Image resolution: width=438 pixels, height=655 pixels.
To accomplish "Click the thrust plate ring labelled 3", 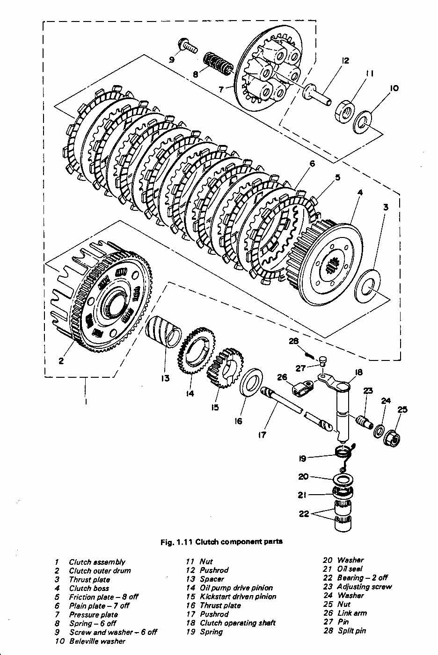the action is (x=367, y=286).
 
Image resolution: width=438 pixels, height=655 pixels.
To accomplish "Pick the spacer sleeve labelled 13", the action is (x=163, y=331).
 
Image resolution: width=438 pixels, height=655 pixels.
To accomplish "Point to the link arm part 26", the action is (x=303, y=388).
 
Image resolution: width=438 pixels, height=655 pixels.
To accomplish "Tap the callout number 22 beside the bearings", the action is (x=304, y=514).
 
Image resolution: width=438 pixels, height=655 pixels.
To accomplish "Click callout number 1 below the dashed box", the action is (x=86, y=401).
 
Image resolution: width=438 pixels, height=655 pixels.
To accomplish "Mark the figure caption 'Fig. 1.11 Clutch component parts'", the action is (x=221, y=541).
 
